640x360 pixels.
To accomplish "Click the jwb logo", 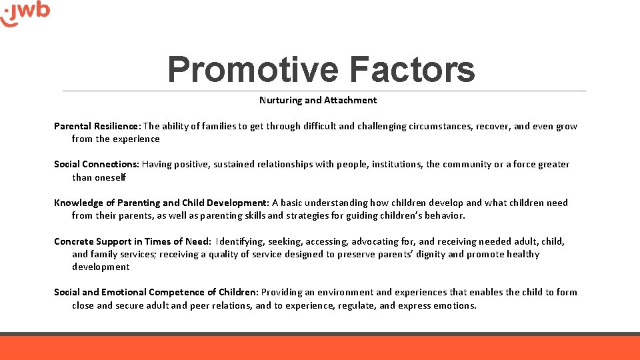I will click(26, 14).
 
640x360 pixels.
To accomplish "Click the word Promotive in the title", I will click(253, 69).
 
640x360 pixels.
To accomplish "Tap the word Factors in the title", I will click(411, 69).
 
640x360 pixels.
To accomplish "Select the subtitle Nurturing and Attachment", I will click(318, 101).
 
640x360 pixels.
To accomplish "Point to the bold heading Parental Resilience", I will click(97, 127).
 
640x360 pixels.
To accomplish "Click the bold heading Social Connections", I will click(96, 165).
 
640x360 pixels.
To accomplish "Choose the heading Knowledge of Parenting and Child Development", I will click(161, 203).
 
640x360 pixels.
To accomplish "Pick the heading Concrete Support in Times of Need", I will click(131, 242).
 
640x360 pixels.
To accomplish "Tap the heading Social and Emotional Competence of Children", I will click(155, 293).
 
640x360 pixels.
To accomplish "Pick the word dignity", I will click(429, 255).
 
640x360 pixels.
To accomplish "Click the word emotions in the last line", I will click(455, 306).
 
